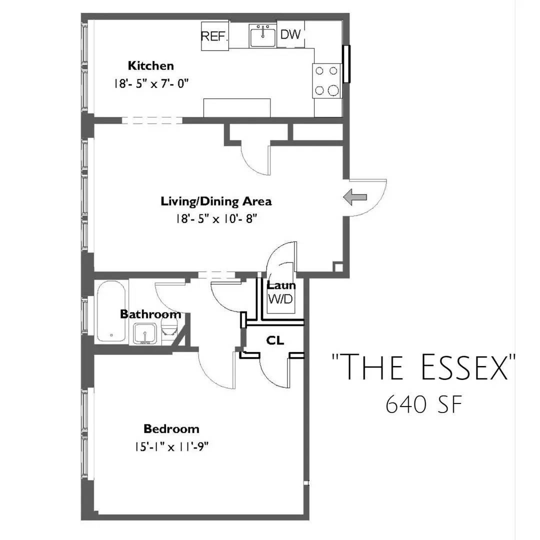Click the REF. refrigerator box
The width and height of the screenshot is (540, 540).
215,36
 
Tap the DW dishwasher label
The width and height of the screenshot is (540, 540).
290,34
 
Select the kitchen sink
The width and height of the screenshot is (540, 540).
262,36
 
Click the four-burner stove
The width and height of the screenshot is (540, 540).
327,80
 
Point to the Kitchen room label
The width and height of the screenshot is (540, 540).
151,65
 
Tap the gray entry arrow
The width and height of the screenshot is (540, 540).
355,198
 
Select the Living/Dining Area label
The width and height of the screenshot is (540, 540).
216,201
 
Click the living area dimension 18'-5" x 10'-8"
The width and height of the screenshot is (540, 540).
216,219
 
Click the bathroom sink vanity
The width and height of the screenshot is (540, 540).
145,333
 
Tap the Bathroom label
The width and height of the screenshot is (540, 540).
150,314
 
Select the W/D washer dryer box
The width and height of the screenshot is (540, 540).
280,300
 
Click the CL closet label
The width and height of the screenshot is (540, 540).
275,340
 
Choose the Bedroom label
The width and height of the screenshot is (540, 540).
171,428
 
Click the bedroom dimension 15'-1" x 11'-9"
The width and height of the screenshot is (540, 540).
171,446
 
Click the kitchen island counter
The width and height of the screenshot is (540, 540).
237,107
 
